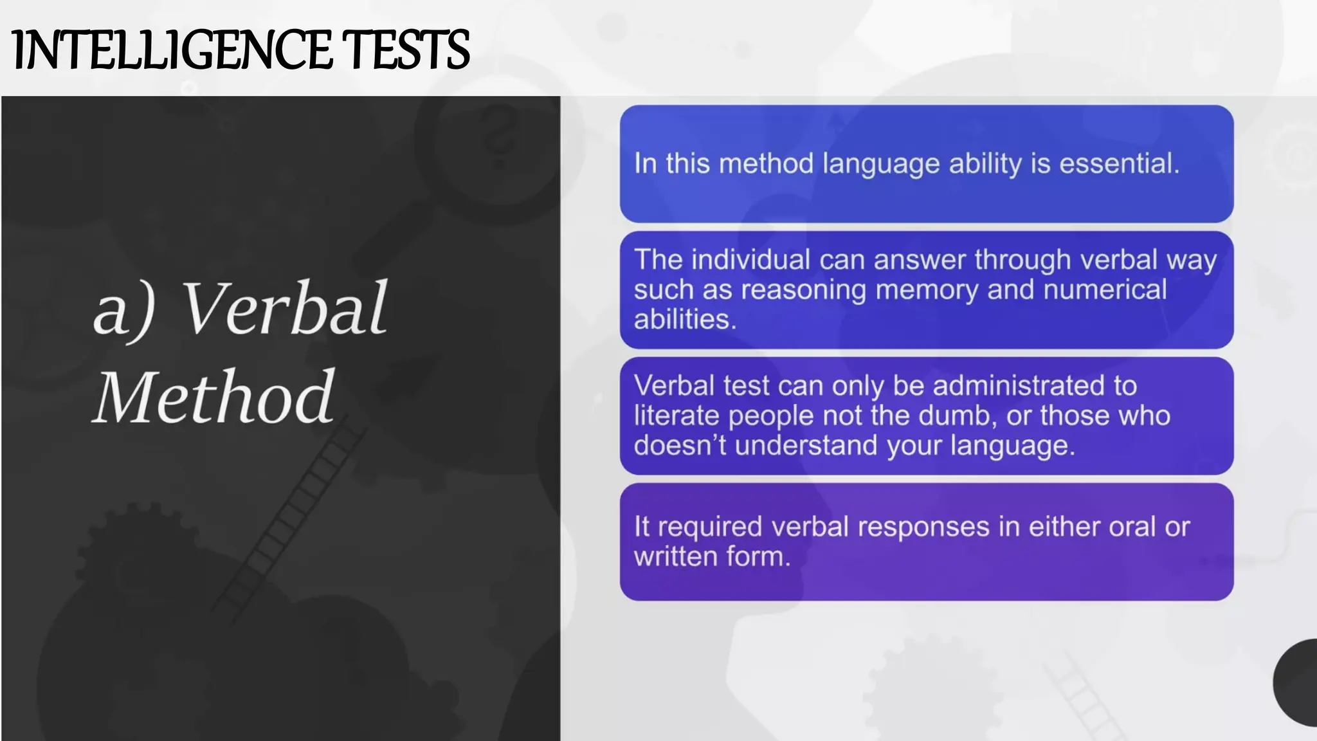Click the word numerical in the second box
click(x=1105, y=289)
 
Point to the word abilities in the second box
click(x=684, y=319)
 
